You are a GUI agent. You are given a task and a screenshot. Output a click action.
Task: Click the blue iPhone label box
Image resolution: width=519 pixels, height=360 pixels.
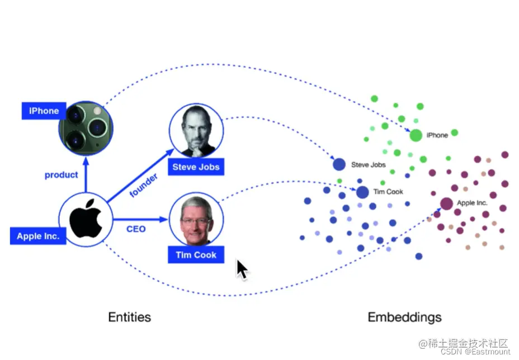(44, 111)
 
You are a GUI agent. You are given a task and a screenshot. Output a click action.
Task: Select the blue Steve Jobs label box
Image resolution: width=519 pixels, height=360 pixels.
(196, 167)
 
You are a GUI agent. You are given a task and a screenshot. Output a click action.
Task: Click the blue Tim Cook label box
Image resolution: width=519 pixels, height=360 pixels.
(196, 254)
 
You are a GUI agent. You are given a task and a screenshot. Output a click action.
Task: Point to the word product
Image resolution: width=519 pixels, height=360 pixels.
(62, 175)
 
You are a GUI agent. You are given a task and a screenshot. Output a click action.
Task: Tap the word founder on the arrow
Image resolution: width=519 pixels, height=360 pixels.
(143, 185)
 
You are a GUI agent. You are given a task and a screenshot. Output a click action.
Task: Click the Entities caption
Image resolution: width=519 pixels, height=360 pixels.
(129, 318)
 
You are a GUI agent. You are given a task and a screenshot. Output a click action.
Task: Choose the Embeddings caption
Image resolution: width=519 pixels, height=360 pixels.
(404, 318)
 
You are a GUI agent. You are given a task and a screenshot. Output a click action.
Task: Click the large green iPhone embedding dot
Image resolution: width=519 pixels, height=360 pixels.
(416, 135)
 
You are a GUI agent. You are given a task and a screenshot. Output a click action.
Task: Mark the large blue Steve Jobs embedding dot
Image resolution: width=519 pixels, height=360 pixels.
(339, 164)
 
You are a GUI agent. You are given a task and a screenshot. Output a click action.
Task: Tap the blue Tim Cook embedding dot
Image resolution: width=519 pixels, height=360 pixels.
(362, 192)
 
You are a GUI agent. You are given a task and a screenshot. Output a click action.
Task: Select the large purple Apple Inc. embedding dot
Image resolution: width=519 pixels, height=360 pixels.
(446, 203)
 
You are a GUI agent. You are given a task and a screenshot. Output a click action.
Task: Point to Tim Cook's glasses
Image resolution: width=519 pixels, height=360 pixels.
(195, 221)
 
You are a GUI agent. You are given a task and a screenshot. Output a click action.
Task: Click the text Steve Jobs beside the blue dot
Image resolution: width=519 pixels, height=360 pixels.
(369, 165)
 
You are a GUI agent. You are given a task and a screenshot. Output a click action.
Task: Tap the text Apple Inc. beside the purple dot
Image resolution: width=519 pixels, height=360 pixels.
(473, 203)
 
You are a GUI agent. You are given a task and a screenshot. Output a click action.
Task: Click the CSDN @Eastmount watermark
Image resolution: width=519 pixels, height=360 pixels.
(475, 352)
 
